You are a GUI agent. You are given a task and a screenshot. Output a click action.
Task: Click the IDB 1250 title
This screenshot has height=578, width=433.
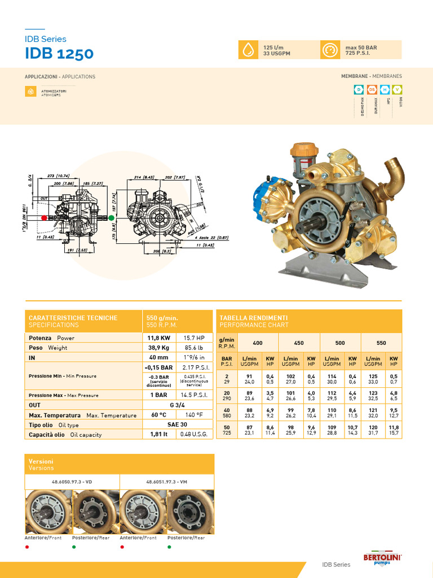[59, 54]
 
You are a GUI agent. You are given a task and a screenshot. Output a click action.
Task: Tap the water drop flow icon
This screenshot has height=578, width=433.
[248, 50]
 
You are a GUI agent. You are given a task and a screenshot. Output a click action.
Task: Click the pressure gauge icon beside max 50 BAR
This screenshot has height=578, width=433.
[329, 50]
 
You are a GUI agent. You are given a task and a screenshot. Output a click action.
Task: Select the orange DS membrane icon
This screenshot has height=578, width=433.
[372, 89]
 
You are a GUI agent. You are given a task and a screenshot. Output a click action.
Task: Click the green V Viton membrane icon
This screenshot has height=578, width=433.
[397, 89]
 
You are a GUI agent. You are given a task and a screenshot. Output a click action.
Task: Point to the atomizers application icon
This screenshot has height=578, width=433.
[30, 91]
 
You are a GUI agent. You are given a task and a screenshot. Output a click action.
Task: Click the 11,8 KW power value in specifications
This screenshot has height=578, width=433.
[159, 338]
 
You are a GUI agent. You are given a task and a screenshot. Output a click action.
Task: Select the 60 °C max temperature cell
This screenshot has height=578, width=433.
[159, 415]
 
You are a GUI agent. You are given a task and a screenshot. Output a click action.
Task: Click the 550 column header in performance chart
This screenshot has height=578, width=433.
[381, 343]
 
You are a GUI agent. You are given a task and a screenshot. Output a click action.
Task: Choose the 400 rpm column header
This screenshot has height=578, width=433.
[258, 343]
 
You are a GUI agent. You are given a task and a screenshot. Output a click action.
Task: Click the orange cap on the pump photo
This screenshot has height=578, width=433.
[304, 150]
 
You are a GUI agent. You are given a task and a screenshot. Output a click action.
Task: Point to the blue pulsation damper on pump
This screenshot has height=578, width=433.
[269, 199]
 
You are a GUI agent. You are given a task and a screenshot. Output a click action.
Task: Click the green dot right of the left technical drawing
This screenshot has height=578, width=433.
[111, 217]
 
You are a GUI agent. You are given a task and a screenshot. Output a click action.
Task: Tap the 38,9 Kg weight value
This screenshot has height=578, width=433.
[159, 348]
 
